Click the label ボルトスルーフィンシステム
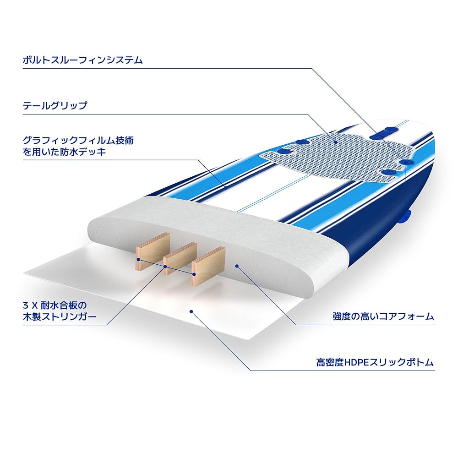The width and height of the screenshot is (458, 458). [x=82, y=60]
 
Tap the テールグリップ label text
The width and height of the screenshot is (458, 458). [x=55, y=106]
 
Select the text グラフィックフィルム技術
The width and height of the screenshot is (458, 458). [x=78, y=140]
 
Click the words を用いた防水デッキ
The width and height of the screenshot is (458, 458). [x=64, y=152]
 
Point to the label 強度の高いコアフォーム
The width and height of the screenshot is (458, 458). [x=383, y=316]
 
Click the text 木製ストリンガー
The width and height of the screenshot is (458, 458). [x=60, y=317]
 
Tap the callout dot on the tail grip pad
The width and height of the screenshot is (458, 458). [x=336, y=142]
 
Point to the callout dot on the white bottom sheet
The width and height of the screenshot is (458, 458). [x=192, y=311]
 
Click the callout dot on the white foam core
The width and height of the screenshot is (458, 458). [x=236, y=265]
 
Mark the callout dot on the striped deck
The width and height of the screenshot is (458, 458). [x=225, y=187]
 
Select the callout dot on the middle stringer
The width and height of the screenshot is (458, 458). [x=166, y=266]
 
